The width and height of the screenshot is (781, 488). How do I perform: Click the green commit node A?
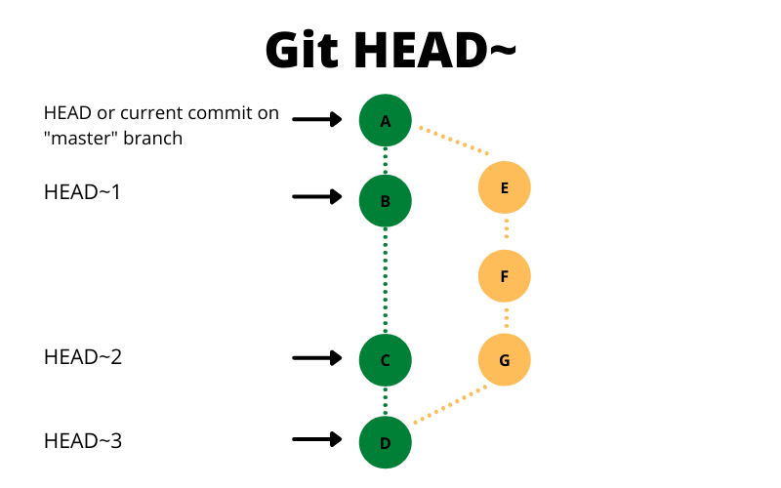coord(386,120)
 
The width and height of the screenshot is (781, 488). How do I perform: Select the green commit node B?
coord(386,201)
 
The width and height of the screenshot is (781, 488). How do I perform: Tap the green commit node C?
coord(386,360)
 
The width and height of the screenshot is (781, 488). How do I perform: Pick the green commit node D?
coord(386,443)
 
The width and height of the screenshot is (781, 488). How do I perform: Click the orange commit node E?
coord(504,188)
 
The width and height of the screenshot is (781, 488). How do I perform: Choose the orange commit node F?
coord(504,276)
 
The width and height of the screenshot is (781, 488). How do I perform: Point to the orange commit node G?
coord(504,360)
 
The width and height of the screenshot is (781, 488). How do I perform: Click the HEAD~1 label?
coord(83,192)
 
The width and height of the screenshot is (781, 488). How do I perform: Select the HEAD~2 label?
coord(83,357)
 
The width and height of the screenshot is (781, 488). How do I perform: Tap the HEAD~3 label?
coord(83,441)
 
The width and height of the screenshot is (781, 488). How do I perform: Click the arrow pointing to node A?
coord(317,120)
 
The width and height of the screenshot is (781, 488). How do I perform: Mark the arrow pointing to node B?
coord(317,197)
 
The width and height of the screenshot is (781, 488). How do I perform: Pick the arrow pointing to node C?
coord(317,358)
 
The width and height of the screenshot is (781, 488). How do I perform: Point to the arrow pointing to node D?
coord(317,441)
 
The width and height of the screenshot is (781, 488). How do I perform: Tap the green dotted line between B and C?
coord(386,281)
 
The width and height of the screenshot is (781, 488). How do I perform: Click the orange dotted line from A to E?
coord(454,140)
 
